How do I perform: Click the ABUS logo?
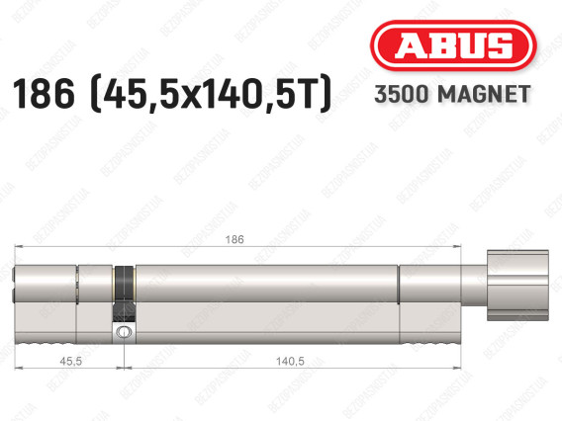point(453,45)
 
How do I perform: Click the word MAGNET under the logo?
point(484,94)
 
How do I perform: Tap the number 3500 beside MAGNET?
point(402,94)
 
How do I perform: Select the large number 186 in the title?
point(44,94)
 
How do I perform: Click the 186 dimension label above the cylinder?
point(234,239)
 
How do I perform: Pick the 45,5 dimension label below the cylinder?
point(70,361)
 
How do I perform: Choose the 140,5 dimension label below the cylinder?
point(290,361)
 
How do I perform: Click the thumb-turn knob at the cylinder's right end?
point(517,286)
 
